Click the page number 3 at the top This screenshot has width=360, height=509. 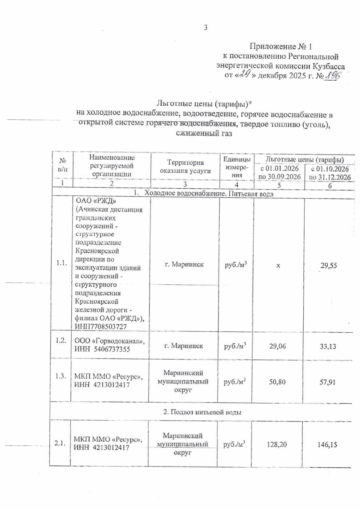pos(205,27)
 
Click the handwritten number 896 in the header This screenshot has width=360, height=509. pos(333,75)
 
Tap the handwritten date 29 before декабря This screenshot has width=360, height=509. pos(246,75)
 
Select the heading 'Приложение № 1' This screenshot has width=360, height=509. pos(281,46)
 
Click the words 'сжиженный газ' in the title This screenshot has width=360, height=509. pos(204,134)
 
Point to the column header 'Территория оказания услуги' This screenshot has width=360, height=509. pos(185,167)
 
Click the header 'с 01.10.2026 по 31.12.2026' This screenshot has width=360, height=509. pos(330,173)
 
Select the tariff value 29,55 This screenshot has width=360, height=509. pos(328,266)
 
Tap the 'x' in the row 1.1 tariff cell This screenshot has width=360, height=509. pos(278,265)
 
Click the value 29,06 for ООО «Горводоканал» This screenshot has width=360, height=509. pos(277,346)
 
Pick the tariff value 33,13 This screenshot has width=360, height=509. pos(328,346)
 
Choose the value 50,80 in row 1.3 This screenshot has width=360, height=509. pos(277,382)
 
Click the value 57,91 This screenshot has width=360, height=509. pos(327,382)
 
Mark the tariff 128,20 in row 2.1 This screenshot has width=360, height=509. pos(277,444)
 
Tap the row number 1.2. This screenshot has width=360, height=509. pos(61,340)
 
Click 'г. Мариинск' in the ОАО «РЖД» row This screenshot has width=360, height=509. pos(184,264)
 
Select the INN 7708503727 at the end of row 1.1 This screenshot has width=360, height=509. pos(106,327)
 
